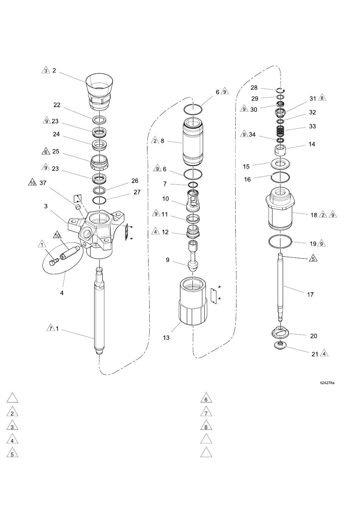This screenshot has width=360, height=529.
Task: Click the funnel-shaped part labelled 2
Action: click(x=99, y=92)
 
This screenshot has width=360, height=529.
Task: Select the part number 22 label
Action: click(x=57, y=105)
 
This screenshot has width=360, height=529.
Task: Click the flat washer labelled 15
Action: click(x=280, y=164)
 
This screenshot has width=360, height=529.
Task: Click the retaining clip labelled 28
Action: click(x=281, y=90)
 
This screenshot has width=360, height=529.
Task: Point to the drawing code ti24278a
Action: click(x=327, y=383)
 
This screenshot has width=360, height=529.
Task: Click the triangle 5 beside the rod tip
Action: click(x=313, y=258)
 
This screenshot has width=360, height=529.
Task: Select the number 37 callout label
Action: click(x=43, y=183)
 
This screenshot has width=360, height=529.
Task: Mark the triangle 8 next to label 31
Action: click(x=322, y=98)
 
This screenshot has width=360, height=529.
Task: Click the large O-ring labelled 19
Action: click(x=280, y=242)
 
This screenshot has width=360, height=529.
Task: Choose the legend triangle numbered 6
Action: click(x=206, y=399)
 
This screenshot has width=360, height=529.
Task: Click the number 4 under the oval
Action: click(x=62, y=293)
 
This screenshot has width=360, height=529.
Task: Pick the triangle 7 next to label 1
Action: click(x=50, y=328)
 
